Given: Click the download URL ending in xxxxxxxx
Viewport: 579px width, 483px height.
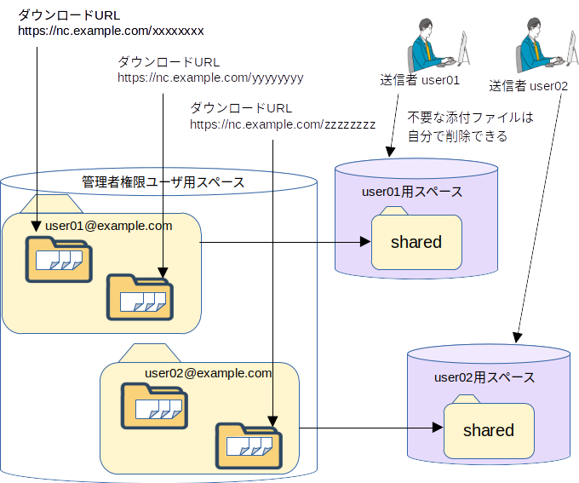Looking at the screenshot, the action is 111,31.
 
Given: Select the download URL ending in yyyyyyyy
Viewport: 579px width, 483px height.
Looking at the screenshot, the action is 210,78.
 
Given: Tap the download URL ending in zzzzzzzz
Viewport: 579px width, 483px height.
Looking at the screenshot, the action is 283,124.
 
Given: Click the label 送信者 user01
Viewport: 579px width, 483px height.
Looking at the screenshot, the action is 420,80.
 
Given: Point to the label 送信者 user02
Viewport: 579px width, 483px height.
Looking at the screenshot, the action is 529,86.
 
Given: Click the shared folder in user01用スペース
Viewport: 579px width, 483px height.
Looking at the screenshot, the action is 416,239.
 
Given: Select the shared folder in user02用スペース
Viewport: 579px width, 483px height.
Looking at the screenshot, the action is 489,427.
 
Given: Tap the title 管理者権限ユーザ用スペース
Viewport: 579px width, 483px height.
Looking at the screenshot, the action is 163,182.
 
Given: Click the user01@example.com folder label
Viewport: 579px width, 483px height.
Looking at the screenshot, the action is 109,226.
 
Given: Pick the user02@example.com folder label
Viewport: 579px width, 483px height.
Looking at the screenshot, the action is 209,373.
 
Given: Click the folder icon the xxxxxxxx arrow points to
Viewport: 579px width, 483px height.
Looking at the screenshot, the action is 59,260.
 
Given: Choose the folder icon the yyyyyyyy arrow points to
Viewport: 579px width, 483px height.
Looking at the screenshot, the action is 140,297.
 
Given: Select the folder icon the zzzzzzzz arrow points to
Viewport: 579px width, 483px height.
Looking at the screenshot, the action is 249,446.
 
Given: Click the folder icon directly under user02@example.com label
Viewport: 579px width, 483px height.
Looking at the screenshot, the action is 155,406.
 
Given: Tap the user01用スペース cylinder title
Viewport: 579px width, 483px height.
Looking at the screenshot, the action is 412,192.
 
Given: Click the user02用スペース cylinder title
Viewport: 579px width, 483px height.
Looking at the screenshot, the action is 484,377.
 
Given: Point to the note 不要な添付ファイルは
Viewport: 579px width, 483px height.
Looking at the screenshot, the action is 470,118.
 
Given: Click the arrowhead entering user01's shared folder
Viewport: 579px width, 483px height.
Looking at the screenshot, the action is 365,242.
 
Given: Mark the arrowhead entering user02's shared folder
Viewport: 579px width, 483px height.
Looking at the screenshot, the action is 438,428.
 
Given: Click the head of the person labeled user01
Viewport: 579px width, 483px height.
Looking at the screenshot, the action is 426,26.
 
